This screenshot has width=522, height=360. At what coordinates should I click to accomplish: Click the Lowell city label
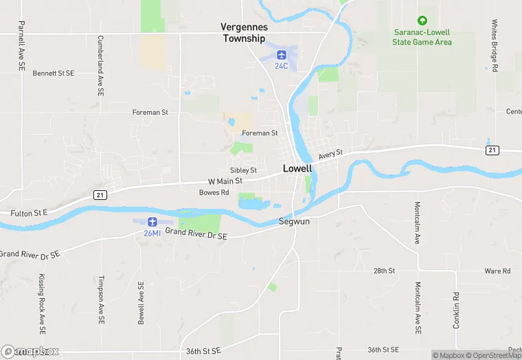[x=297, y=168]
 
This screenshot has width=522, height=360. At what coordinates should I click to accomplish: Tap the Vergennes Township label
[x=243, y=32]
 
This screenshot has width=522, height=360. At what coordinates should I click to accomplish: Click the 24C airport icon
[x=281, y=54]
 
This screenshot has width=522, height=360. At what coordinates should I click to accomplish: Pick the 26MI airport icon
[x=152, y=222]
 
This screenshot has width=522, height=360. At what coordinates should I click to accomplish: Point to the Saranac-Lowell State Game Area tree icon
[x=422, y=21]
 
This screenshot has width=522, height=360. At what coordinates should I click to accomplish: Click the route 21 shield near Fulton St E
[x=100, y=195]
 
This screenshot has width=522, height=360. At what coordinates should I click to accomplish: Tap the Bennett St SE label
[x=53, y=72]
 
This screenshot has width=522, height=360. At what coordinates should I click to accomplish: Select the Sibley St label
[x=243, y=170]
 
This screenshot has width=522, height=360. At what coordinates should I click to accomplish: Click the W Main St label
[x=225, y=181]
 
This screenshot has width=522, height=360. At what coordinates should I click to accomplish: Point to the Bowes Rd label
[x=214, y=192]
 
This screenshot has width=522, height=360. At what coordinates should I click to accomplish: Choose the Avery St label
[x=330, y=154]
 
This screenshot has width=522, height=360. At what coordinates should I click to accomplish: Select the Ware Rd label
[x=497, y=271]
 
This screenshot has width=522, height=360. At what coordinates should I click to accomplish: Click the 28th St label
[x=384, y=271]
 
